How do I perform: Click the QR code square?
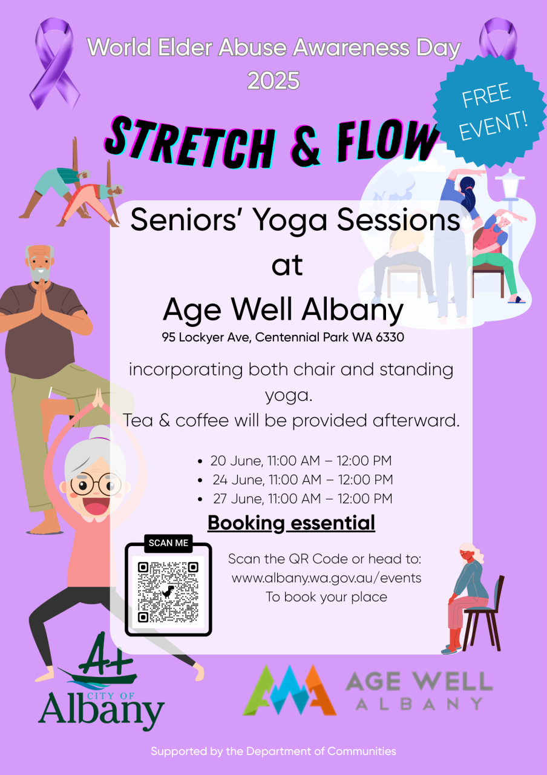[168, 592]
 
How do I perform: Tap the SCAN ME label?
[168, 543]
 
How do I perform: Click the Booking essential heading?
[291, 523]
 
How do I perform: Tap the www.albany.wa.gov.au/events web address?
[326, 578]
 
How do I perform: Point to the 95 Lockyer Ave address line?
[283, 337]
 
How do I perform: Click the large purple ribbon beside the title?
[55, 64]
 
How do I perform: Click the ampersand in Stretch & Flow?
[306, 147]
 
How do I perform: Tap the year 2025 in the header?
[273, 81]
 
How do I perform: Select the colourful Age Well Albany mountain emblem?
[289, 690]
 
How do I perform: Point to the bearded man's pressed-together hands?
[42, 296]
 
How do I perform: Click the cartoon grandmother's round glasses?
[96, 484]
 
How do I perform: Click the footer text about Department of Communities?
[273, 751]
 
